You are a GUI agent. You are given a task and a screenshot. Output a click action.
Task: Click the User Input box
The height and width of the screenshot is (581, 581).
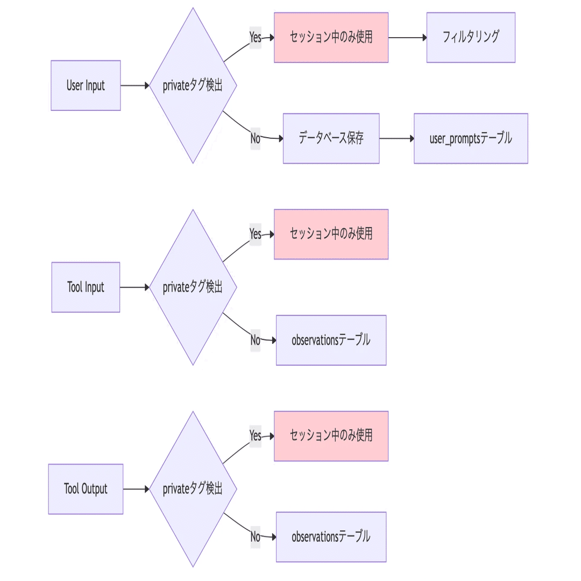(x=86, y=86)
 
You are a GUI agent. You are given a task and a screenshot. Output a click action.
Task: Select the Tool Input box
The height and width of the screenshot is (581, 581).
(x=86, y=287)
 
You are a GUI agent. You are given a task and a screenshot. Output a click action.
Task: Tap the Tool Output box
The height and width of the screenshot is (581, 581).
(x=86, y=488)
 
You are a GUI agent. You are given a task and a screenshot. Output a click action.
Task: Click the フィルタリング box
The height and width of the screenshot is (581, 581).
(x=471, y=38)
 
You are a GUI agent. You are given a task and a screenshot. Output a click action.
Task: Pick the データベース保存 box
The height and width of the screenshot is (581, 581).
(x=331, y=138)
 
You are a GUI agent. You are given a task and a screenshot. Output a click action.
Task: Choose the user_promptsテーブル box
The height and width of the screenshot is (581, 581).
(x=471, y=138)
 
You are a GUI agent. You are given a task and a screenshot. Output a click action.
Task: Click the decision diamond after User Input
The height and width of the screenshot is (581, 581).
(x=193, y=86)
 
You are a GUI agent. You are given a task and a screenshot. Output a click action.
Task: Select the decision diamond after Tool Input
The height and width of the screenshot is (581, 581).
(x=193, y=287)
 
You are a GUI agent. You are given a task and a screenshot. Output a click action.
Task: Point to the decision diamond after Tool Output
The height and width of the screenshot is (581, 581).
(x=193, y=488)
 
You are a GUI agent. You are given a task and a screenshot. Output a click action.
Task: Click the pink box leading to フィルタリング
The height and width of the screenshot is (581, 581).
(x=331, y=38)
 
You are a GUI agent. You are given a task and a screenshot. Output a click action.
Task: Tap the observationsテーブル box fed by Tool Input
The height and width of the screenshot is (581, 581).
(x=331, y=340)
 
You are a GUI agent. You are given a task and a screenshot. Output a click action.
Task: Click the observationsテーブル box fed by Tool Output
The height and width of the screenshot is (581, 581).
(x=331, y=537)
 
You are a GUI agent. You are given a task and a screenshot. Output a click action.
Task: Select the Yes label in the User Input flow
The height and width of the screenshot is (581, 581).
(x=256, y=38)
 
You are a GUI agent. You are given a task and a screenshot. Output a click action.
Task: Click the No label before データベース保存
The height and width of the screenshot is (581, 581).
(x=256, y=138)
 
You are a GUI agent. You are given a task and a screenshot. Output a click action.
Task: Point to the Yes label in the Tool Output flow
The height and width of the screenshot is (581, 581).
(x=256, y=436)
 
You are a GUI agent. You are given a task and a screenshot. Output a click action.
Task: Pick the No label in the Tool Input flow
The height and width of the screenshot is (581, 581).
(x=256, y=340)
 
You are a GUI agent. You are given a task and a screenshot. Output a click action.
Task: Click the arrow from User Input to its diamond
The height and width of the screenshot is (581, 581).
(x=135, y=86)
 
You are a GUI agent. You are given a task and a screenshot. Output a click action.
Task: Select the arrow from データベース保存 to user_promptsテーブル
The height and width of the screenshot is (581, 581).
(x=396, y=138)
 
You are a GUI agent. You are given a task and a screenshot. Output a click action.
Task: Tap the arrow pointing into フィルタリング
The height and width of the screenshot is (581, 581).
(x=408, y=38)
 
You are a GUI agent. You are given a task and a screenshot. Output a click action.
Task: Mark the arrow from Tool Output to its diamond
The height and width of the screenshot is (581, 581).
(x=136, y=488)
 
